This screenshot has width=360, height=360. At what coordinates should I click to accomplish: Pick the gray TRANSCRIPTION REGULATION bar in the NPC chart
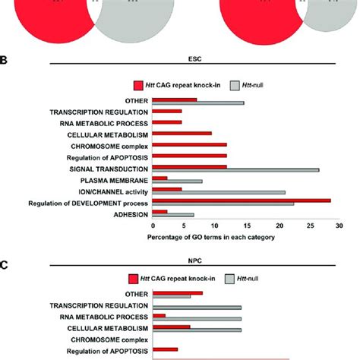tap(197, 308)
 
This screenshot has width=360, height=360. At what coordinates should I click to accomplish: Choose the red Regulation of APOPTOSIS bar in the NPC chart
tap(165, 349)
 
